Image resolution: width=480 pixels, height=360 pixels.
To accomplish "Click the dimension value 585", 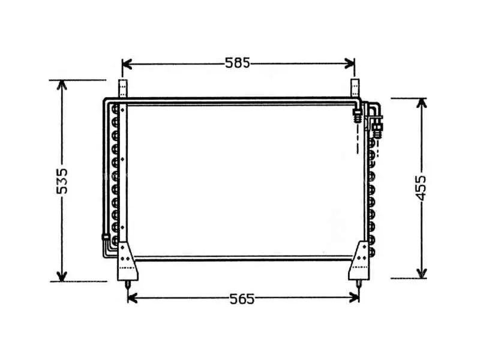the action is pos(238,63).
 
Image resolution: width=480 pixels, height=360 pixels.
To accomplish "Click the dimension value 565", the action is pos(242,299).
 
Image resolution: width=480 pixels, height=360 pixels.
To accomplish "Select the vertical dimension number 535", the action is pos(62,181).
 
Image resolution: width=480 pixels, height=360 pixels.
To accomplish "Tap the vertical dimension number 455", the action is pos(422,187).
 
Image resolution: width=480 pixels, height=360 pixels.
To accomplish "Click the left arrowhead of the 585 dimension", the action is pos(127,64).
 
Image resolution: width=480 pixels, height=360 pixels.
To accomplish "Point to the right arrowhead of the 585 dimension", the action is pos(350,64).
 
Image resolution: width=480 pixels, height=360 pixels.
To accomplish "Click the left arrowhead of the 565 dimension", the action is pos(132,298).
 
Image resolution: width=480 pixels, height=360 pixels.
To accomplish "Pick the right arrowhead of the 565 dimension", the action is pos(354,298).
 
